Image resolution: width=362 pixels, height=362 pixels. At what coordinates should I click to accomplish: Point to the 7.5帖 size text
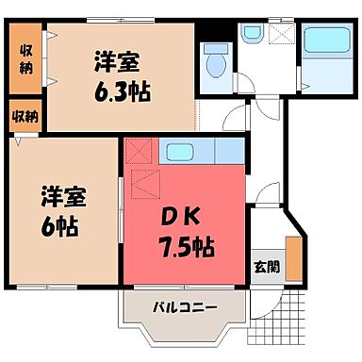[x=185, y=248]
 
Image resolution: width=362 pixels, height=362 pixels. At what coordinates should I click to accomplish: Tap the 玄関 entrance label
[x=267, y=266]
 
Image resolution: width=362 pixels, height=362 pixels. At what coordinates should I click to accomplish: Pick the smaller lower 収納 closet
[x=25, y=116]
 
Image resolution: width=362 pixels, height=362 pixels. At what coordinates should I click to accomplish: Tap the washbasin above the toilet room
[x=250, y=36]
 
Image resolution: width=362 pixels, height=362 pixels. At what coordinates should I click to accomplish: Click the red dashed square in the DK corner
[x=139, y=151]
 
